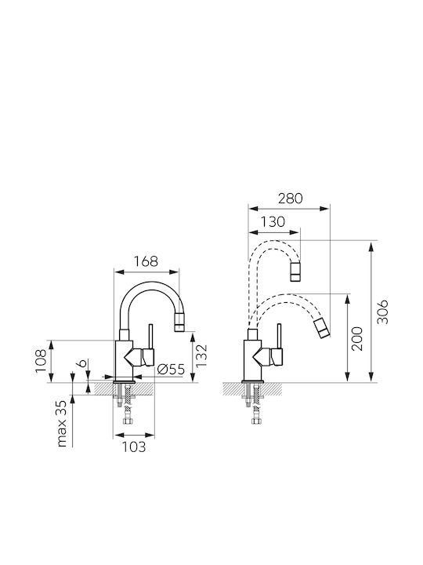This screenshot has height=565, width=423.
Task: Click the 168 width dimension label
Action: (146, 261)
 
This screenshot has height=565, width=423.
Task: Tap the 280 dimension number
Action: (291, 199)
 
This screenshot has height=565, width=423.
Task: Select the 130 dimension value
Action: (273, 222)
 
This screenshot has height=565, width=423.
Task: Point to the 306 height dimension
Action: (384, 311)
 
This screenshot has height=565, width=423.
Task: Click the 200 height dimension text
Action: (357, 339)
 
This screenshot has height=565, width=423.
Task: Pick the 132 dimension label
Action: (202, 356)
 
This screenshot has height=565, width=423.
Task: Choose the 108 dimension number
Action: (41, 362)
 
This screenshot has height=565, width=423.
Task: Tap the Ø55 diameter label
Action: (172, 369)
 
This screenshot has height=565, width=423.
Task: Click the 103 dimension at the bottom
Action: (134, 447)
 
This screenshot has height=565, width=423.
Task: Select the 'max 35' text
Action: (62, 424)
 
